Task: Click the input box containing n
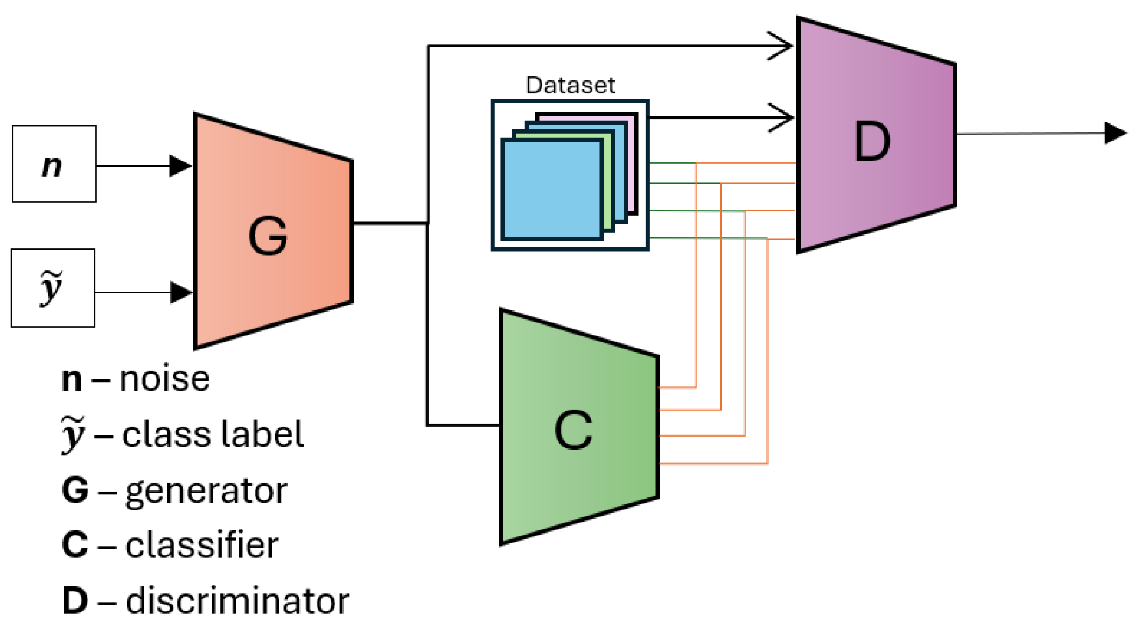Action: pos(54,164)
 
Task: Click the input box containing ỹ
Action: pos(53,288)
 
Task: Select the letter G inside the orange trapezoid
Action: pos(268,236)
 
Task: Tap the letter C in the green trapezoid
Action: pos(573,430)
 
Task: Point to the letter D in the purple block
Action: pos(872,141)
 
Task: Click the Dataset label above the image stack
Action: pos(570,85)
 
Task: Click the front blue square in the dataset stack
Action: pos(551,189)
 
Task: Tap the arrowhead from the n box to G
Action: pos(180,165)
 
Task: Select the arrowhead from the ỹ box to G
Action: pos(180,292)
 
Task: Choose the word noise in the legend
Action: pos(164,378)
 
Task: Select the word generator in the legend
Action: pos(206,490)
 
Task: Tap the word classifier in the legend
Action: pos(202,545)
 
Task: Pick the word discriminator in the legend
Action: pos(237,600)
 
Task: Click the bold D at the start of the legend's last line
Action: pos(74,600)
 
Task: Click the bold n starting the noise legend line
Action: pos(72,379)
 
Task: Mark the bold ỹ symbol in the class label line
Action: pos(73,434)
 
